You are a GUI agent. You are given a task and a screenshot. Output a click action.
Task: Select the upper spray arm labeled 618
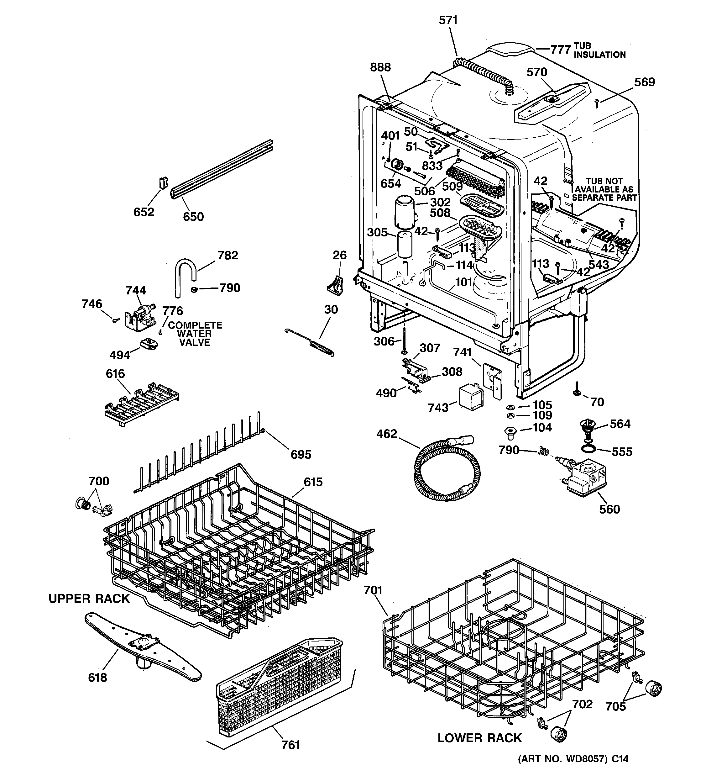[x=143, y=648]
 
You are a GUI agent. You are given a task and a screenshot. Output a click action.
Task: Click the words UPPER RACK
[x=89, y=599]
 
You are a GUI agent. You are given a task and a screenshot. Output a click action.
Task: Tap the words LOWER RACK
[x=479, y=738]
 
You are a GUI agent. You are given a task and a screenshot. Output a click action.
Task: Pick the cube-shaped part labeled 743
[x=470, y=397]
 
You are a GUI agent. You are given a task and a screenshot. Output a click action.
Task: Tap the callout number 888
[x=380, y=67]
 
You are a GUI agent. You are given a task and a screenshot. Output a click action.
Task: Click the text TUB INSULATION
[x=599, y=51]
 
